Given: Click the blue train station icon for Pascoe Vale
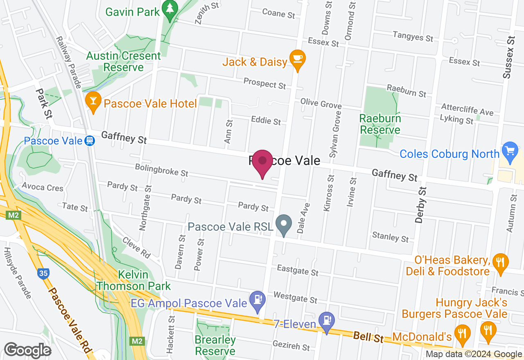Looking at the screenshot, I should [x=89, y=141].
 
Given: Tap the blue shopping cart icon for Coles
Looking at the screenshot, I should [x=510, y=151].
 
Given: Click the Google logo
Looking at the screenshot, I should [x=27, y=350].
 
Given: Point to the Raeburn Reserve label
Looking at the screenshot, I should [x=380, y=124].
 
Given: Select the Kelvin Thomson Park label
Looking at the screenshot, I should [x=133, y=280].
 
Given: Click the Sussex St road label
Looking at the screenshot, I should [x=509, y=57].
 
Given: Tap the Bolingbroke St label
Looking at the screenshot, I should [x=162, y=170].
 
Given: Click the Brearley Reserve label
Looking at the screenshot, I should [x=215, y=345].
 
